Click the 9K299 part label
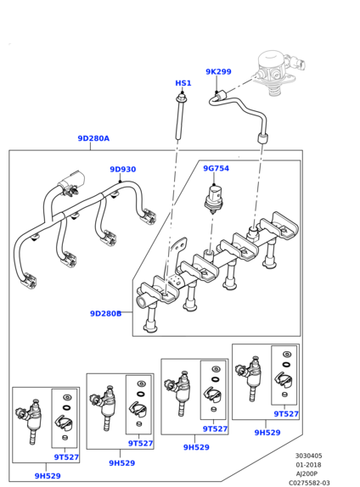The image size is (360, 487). click(x=218, y=72)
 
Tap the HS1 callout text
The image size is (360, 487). click(x=183, y=83)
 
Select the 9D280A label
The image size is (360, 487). click(x=93, y=138)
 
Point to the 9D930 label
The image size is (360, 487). click(x=123, y=170)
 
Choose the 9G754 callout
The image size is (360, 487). click(x=216, y=168)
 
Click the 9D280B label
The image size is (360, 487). click(x=105, y=314)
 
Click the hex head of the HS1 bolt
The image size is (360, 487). click(x=181, y=98)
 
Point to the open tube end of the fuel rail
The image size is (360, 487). click(x=142, y=301)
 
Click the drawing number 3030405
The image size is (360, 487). click(x=308, y=456)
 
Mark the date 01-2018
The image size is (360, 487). click(x=308, y=465)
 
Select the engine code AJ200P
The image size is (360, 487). click(x=307, y=474)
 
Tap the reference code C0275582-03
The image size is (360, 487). click(x=309, y=483)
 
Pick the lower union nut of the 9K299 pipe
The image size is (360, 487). click(x=263, y=138)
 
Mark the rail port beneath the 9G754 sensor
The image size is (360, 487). click(x=209, y=255)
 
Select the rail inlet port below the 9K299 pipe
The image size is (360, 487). click(x=253, y=233)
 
